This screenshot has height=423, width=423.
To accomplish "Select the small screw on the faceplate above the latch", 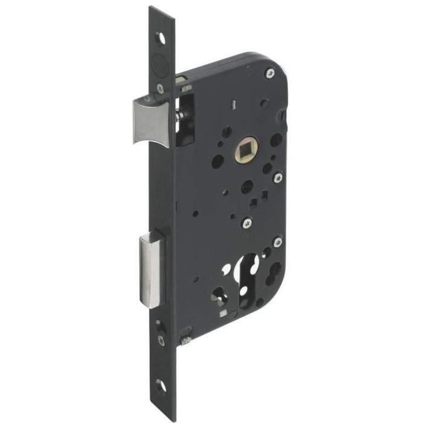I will click(x=160, y=89).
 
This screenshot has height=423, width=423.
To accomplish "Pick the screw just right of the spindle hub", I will click(x=277, y=178).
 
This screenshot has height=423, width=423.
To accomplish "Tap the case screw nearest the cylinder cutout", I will click(x=277, y=242).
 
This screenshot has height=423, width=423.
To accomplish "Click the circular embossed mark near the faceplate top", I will click(x=160, y=62).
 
